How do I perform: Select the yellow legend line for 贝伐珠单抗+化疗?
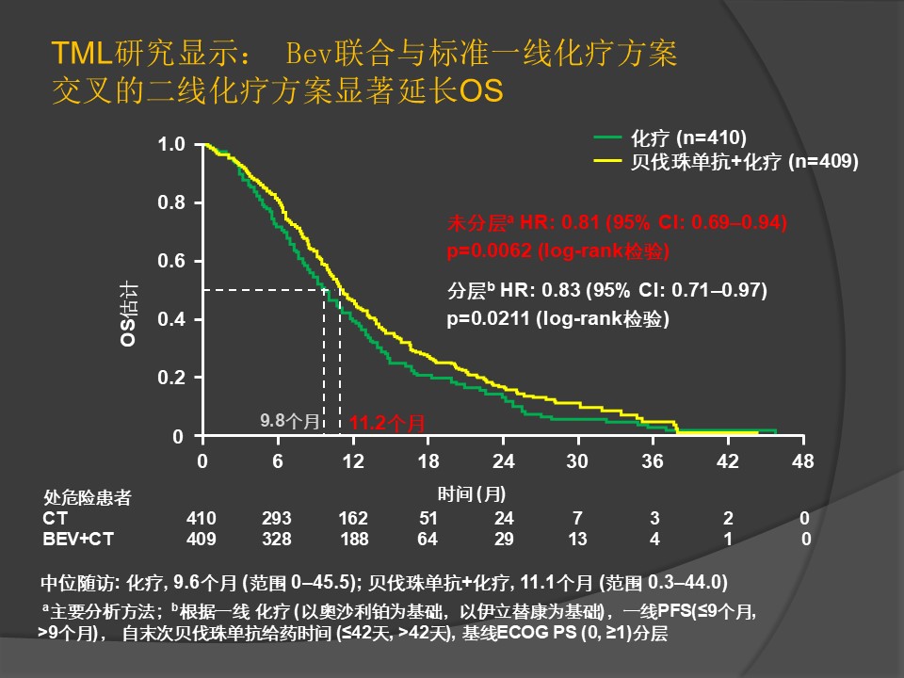pyautogui.click(x=608, y=161)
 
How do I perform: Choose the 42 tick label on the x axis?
pyautogui.click(x=728, y=461)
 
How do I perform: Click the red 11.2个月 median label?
pyautogui.click(x=387, y=424)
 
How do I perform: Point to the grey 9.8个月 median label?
pyautogui.click(x=290, y=420)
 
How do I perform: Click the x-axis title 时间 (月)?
pyautogui.click(x=472, y=493)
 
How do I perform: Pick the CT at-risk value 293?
pyautogui.click(x=277, y=519)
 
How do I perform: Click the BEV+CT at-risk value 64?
pyautogui.click(x=428, y=539)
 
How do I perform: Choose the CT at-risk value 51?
pyautogui.click(x=428, y=519)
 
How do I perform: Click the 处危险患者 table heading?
pyautogui.click(x=88, y=498)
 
